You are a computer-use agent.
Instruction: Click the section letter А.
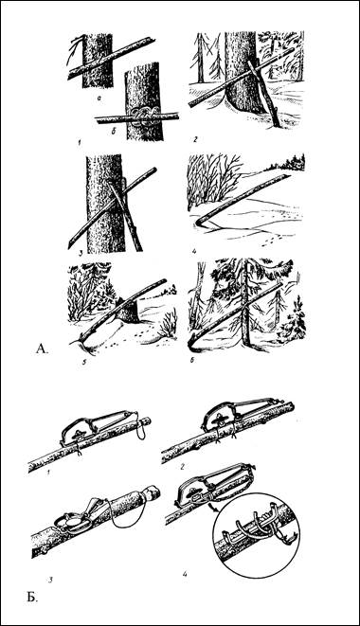coord(42,349)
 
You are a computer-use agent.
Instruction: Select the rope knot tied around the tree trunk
coord(143,117)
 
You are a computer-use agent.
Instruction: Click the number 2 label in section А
coord(195,139)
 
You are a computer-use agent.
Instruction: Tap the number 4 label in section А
coord(194,252)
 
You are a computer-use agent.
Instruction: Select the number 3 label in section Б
coord(51,578)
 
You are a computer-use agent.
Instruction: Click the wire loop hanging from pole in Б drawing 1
coord(140,428)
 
